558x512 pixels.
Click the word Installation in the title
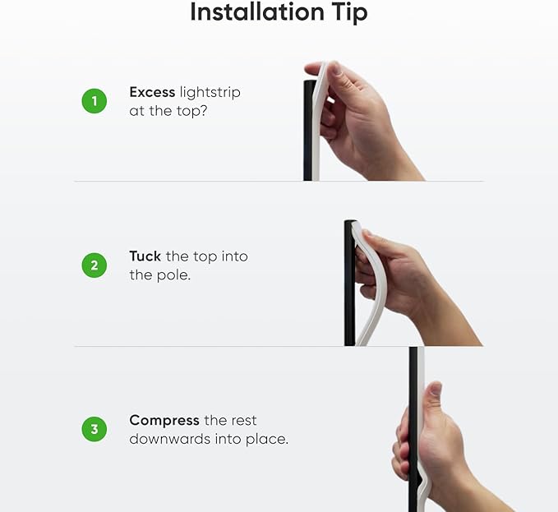[x=257, y=12]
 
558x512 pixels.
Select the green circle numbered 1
[x=95, y=101]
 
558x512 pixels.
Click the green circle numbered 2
[x=95, y=265]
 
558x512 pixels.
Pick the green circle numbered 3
[x=95, y=429]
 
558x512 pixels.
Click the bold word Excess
[x=152, y=92]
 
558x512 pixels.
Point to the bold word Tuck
[x=145, y=256]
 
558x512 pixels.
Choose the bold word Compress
[x=164, y=421]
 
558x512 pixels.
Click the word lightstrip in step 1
[x=210, y=93]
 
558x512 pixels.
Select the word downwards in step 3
[x=170, y=439]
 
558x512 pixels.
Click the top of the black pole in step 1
[x=309, y=81]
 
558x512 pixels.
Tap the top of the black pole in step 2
[x=350, y=221]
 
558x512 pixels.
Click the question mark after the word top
[x=202, y=111]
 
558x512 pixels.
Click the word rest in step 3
[x=243, y=421]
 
